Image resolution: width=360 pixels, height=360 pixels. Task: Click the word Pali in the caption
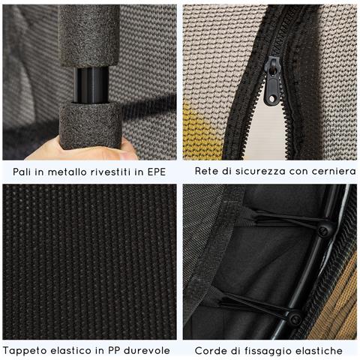[23, 172]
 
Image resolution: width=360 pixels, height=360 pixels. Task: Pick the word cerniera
[331, 172]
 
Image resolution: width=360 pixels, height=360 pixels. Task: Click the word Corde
[211, 350]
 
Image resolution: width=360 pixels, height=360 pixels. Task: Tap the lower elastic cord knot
[295, 319]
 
